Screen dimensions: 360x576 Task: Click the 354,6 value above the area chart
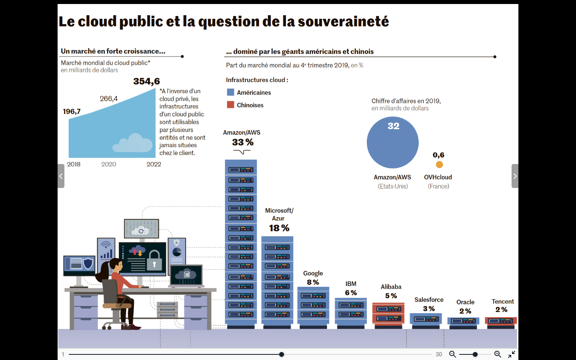146,81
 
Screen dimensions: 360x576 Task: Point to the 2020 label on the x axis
108,164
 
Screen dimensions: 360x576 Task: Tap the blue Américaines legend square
230,92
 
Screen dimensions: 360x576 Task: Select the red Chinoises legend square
230,105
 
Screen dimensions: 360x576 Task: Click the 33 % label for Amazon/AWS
243,142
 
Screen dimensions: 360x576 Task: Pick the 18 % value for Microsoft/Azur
279,228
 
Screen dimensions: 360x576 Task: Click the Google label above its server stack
313,273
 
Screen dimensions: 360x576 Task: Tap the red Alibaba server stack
388,314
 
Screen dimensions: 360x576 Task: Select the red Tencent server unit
500,321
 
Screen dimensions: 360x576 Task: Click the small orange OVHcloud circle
439,164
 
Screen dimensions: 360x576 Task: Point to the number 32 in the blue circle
393,126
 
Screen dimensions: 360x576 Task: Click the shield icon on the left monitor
88,263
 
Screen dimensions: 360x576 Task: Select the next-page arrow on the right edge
515,176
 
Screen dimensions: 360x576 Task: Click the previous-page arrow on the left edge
61,176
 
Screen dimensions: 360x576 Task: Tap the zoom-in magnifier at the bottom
498,354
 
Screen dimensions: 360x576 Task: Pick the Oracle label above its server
465,302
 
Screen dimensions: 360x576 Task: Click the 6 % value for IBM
351,293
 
